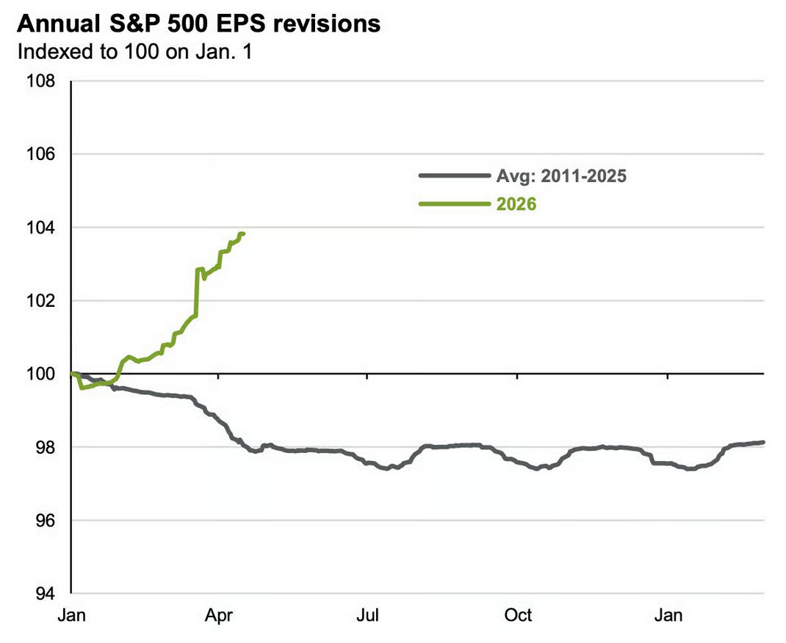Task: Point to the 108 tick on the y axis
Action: coord(42,81)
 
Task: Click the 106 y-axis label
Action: coord(42,154)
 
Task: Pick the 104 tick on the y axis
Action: coord(42,228)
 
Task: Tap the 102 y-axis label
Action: coord(42,301)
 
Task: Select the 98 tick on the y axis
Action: coord(46,447)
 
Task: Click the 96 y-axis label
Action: coord(46,520)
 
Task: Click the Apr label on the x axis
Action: coord(218,615)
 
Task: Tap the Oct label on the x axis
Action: coord(518,615)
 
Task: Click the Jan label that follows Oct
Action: coord(668,615)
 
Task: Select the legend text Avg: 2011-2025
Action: coord(561,176)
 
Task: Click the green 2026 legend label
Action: coord(516,204)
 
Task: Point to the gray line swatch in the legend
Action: coord(453,176)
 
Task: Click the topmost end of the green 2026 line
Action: coord(242,234)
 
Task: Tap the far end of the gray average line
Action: coord(763,443)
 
